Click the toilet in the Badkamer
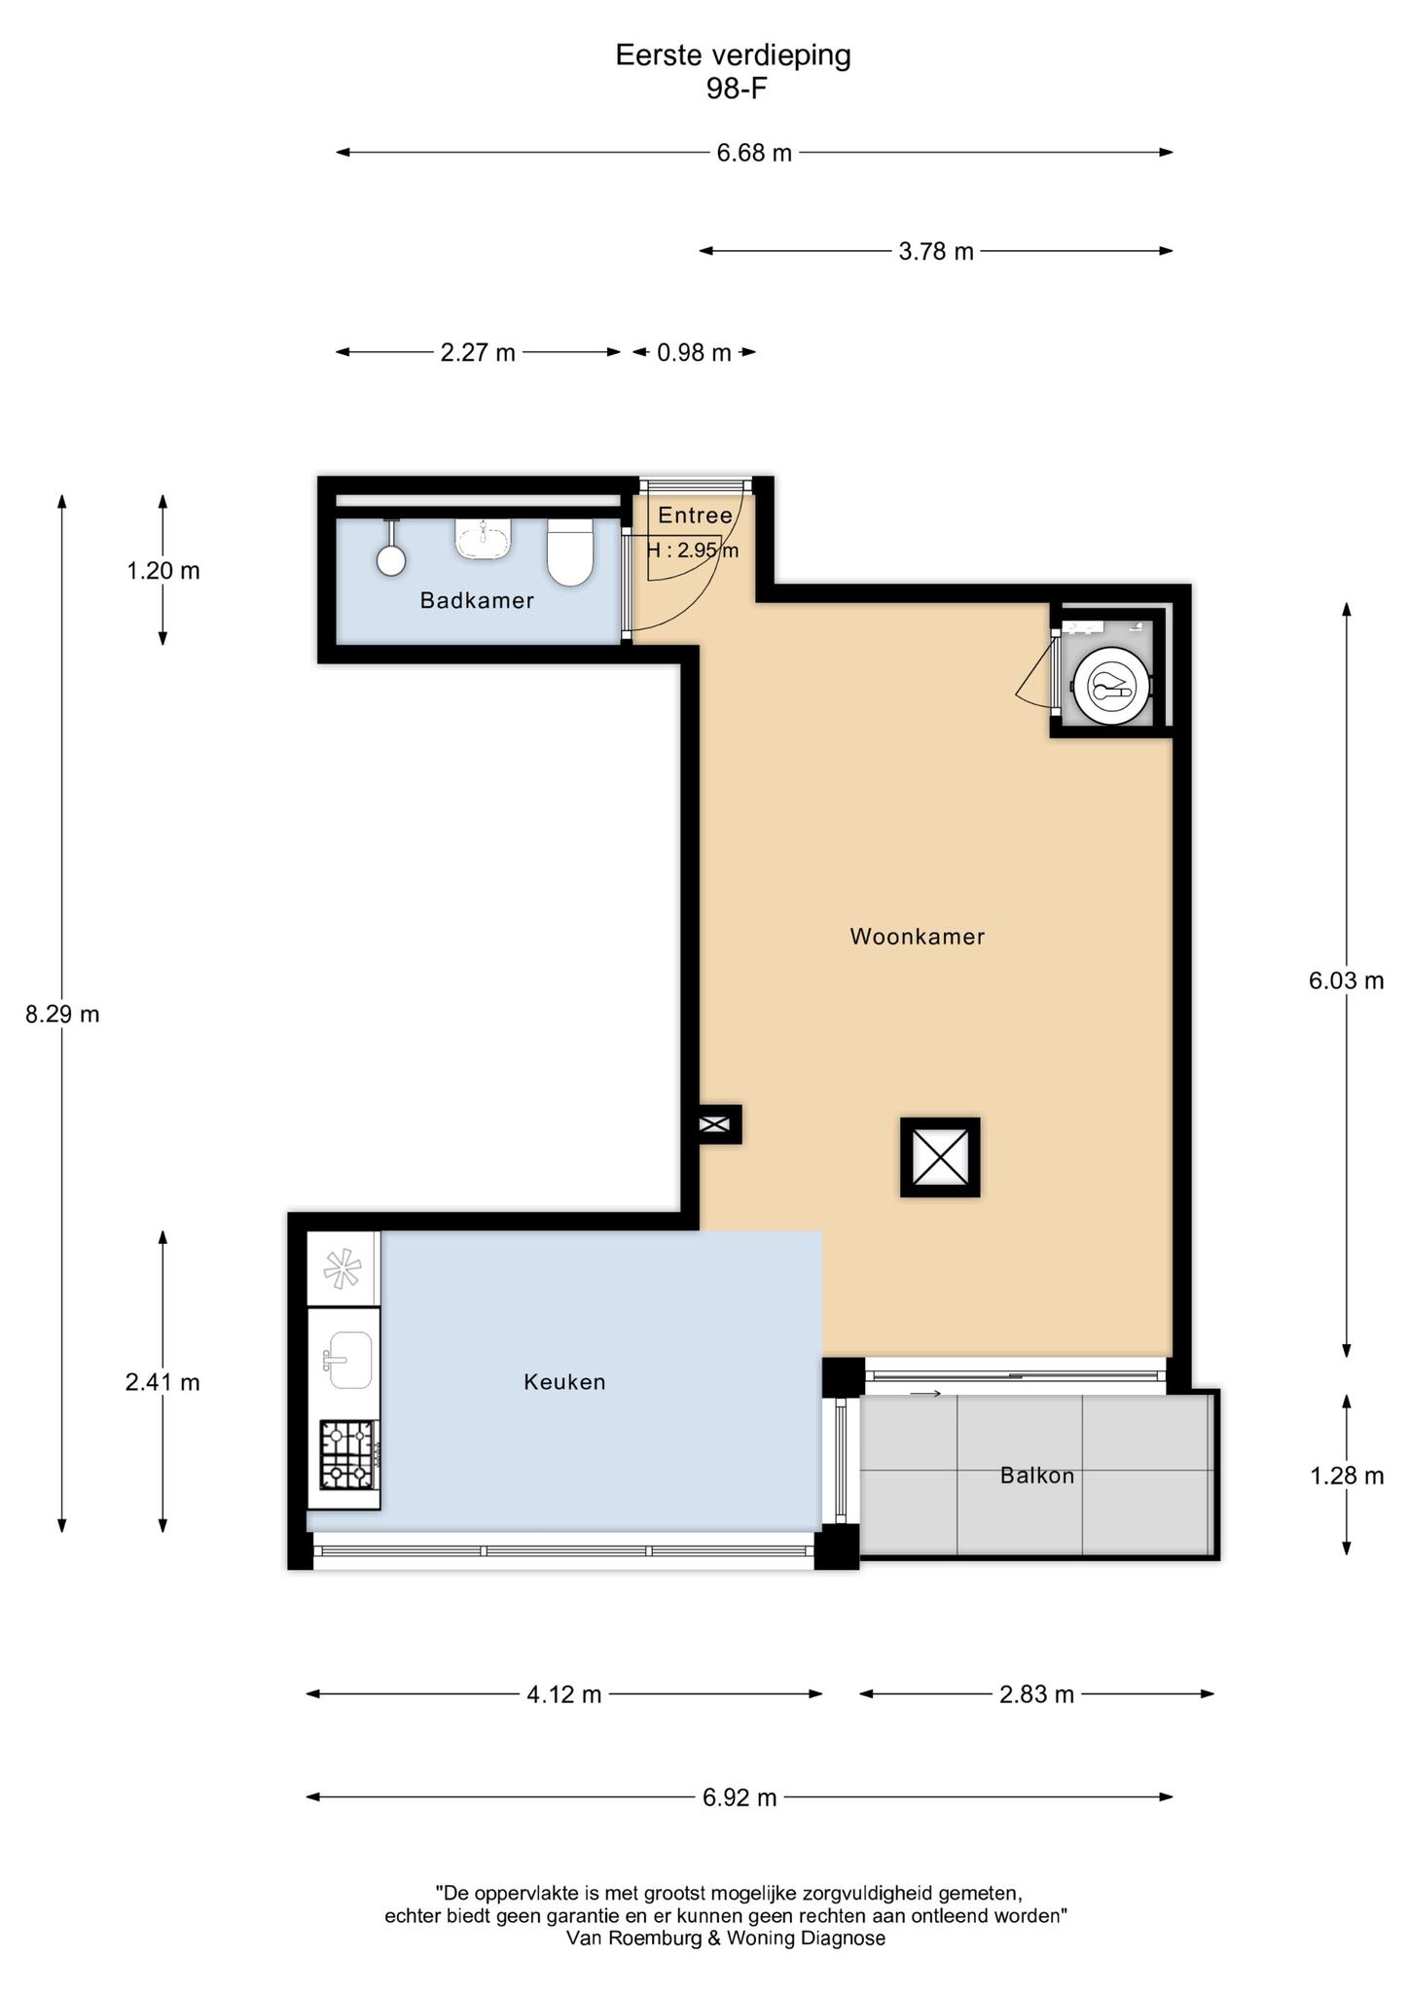coord(570,552)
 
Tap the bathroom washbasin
coord(484,538)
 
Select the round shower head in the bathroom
coord(391,559)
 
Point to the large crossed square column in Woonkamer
coord(940,1156)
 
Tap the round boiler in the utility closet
coord(1111,685)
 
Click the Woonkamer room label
coord(918,937)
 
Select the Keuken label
coord(564,1381)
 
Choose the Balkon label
coord(1037,1476)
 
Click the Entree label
coord(695,516)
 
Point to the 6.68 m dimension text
coord(754,153)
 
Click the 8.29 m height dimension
coord(62,1014)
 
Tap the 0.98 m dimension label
coord(694,352)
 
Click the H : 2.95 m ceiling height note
coord(693,551)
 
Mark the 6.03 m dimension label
coord(1347,980)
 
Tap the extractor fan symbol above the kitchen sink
coord(343,1268)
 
